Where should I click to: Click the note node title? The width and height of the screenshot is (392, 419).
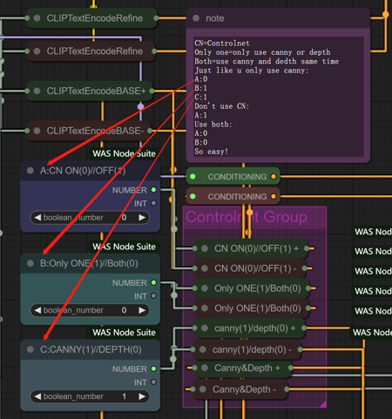(x=214, y=18)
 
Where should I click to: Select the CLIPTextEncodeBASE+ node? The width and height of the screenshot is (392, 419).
(x=95, y=90)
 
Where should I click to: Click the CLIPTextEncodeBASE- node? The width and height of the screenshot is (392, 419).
(x=95, y=131)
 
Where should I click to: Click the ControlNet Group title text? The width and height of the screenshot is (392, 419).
(x=246, y=217)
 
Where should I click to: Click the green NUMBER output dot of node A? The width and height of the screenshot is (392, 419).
(x=154, y=190)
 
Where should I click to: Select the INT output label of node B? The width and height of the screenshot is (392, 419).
(x=139, y=295)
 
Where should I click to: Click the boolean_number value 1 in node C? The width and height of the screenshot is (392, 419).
(x=124, y=396)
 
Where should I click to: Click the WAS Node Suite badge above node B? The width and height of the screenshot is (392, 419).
(x=125, y=247)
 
